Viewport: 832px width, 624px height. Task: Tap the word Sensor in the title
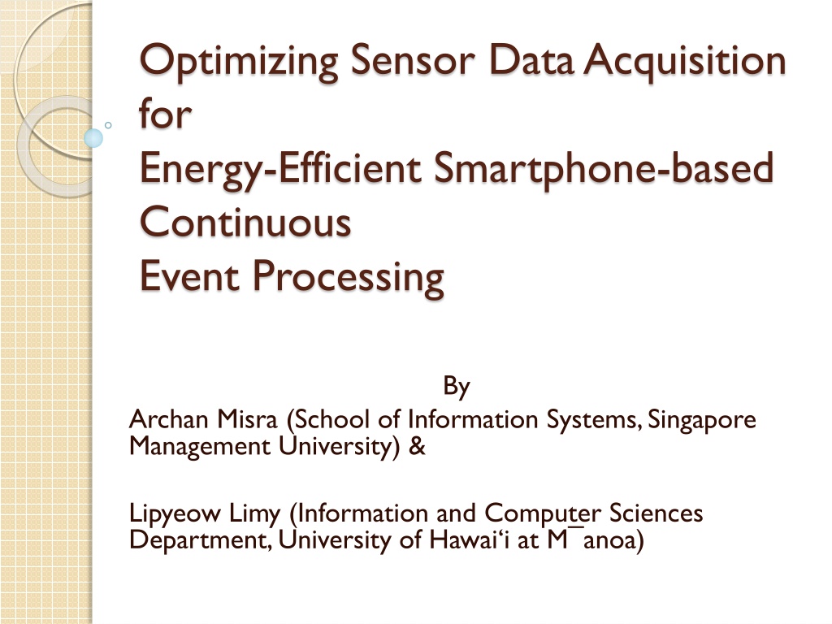412,60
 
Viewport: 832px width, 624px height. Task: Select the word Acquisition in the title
684,62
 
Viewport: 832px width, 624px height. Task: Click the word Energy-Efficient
280,169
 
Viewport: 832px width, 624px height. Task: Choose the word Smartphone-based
604,169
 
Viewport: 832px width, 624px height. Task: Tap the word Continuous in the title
245,222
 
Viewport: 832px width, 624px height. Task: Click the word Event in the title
189,276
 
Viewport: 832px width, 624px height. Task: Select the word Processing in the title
348,278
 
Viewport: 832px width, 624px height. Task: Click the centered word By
457,386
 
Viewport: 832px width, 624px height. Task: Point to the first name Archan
168,419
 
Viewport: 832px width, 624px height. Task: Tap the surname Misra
247,419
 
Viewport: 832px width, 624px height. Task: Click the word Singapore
701,421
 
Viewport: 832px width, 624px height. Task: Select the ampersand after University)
417,446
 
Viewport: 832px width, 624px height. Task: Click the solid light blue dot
93,138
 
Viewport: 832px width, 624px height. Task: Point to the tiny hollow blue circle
108,125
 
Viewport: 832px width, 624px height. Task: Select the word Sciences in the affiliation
656,513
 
